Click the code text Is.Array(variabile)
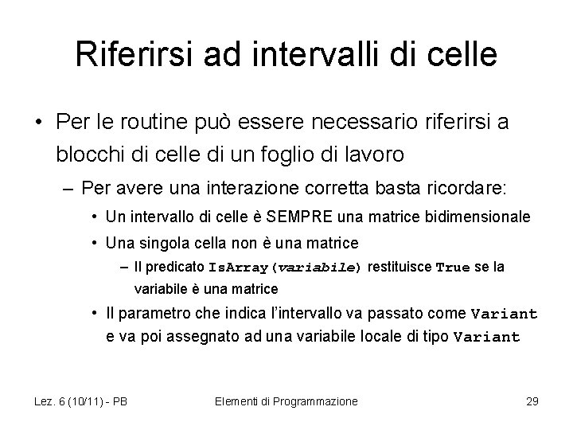[284, 268]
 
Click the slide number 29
[532, 401]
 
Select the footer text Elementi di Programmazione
[286, 401]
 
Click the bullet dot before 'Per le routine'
[37, 123]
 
